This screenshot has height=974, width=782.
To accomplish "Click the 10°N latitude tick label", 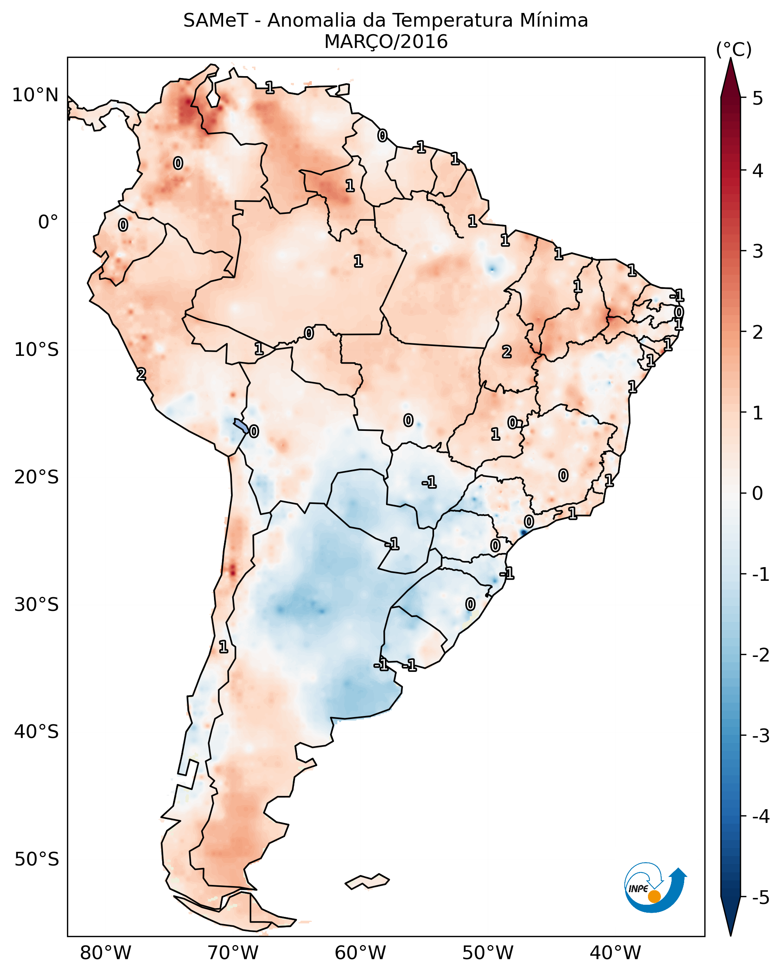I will [x=35, y=95].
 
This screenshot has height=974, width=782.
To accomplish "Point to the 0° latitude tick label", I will [x=48, y=222].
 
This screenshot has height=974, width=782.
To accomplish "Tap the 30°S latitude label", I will [x=36, y=604].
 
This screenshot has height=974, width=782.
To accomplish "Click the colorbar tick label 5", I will [x=758, y=98].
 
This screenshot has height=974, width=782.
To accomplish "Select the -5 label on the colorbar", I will [x=760, y=897].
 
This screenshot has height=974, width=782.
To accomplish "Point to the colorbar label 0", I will [x=758, y=493].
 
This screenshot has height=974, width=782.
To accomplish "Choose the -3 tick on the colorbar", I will [x=760, y=736].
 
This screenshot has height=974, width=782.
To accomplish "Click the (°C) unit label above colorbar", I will [x=734, y=50].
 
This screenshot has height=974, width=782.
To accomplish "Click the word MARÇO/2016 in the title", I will [x=386, y=42].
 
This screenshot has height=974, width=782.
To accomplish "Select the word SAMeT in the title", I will [x=215, y=21].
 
